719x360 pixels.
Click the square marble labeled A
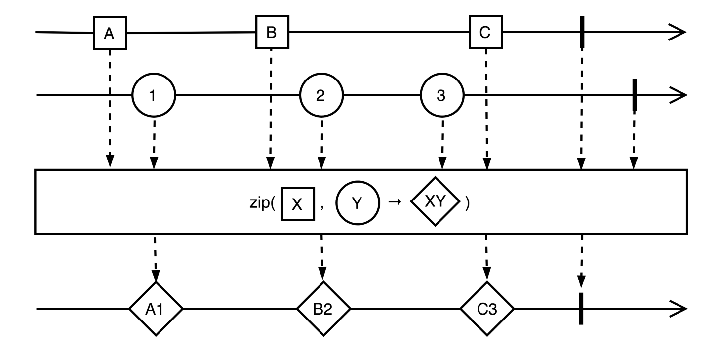(x=110, y=33)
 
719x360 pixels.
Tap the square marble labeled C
(x=485, y=33)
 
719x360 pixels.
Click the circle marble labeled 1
(x=154, y=96)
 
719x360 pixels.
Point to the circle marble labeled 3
(x=441, y=96)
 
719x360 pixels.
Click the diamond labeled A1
(x=156, y=309)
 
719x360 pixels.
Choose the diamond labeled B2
(x=323, y=309)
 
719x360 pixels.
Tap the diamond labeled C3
(x=487, y=309)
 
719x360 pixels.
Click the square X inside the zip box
(x=298, y=204)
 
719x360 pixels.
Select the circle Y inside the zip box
(x=358, y=204)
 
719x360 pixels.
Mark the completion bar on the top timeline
(x=583, y=32)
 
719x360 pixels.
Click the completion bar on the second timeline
(x=634, y=96)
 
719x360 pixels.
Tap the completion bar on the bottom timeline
(x=581, y=309)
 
